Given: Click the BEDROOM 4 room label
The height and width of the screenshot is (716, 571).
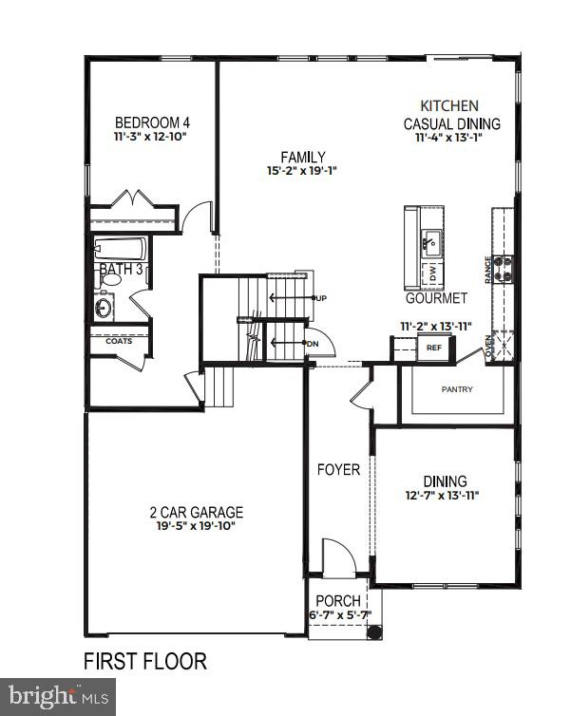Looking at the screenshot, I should (x=153, y=122).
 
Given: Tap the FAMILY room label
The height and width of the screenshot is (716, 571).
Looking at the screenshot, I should (x=303, y=157).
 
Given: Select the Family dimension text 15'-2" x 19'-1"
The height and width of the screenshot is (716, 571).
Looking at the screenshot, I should (x=303, y=172).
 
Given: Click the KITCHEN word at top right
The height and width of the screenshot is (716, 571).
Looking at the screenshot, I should (x=451, y=106).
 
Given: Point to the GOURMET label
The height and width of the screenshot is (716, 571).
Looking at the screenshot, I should (x=436, y=298).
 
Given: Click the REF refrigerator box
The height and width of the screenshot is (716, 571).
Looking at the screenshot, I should (x=434, y=348).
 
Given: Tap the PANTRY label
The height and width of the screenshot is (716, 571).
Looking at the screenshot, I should (x=457, y=389).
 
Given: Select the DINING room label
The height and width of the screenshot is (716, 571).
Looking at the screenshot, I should (x=445, y=481).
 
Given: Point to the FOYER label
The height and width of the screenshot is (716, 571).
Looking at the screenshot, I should (x=338, y=470).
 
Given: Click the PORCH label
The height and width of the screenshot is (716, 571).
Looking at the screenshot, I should (x=337, y=601).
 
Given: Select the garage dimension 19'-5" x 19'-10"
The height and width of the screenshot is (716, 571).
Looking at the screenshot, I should (x=197, y=526).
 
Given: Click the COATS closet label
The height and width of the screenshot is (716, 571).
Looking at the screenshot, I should (x=119, y=341).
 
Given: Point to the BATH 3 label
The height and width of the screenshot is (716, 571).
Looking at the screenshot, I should (x=120, y=271).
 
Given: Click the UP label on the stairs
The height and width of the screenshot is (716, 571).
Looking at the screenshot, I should (x=321, y=299).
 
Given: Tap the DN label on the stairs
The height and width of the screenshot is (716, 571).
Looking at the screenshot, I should (x=313, y=344).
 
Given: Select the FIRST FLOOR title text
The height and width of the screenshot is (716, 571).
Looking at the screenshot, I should (x=144, y=661).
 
